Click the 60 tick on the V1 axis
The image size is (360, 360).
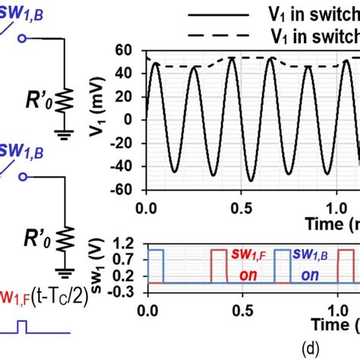click(125, 50)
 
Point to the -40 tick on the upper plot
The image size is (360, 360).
click(122, 166)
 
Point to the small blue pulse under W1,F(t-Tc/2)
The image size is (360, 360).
click(23, 328)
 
